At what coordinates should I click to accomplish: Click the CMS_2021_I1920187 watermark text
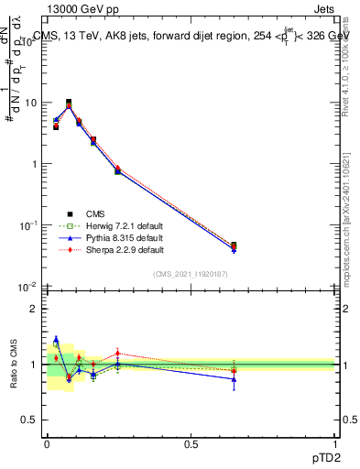191,274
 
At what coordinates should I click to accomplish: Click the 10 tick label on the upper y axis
31,103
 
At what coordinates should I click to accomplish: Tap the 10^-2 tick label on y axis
29,286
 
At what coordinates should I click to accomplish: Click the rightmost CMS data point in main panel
234,245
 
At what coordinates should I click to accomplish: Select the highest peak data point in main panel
69,103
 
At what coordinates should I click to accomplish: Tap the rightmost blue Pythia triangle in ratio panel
234,379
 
